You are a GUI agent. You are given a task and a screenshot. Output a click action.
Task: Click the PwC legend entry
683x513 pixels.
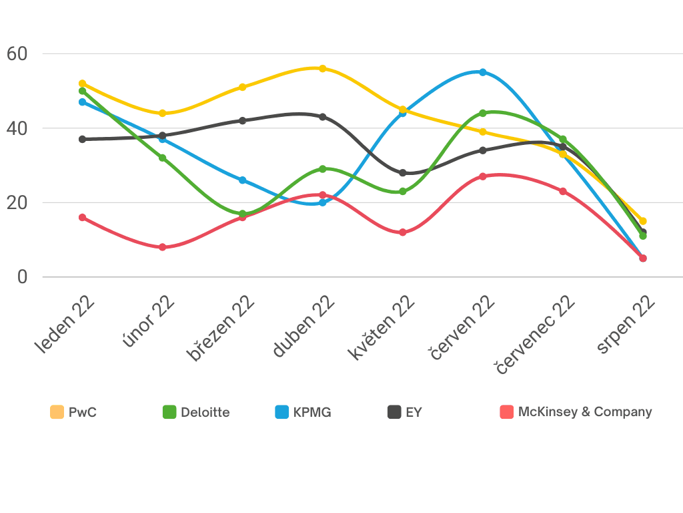tap(74, 412)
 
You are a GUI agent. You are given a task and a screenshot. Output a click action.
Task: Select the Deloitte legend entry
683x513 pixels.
tap(196, 412)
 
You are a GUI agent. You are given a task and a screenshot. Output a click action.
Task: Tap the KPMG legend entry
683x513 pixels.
tap(303, 412)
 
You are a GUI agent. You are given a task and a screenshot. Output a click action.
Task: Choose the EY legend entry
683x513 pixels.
tap(405, 412)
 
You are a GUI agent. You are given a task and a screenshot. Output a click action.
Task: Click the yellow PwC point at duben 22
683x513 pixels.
tap(323, 68)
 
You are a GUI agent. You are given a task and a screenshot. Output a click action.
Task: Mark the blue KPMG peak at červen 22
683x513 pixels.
tap(483, 72)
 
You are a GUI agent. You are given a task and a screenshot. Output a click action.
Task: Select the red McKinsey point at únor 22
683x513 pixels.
tap(162, 247)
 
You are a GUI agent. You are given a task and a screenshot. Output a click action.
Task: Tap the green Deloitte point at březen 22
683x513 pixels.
tap(243, 214)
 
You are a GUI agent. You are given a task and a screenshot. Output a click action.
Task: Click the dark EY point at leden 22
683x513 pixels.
tap(83, 139)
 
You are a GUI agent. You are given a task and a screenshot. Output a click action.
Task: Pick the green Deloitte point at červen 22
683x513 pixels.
tap(483, 113)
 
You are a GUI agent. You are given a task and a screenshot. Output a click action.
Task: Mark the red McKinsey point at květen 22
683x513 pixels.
tap(403, 232)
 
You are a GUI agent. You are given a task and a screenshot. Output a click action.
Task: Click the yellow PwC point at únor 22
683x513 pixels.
tap(162, 113)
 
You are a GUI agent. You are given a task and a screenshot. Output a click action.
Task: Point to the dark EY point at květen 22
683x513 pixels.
tap(403, 173)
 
